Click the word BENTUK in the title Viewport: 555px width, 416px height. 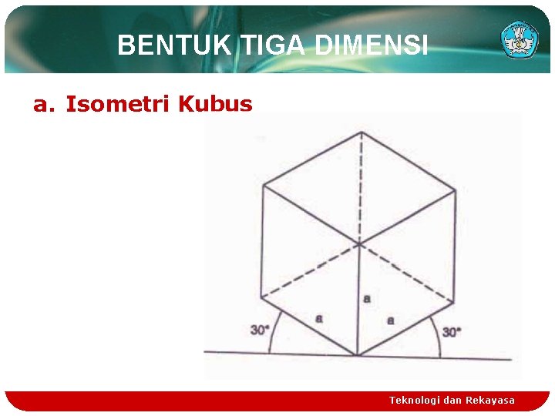coord(174,47)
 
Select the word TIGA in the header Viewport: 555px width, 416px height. coord(272,47)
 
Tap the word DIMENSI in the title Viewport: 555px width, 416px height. coord(371,47)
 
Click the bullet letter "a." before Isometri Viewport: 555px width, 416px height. coord(44,104)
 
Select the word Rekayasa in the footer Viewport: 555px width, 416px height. coord(490,400)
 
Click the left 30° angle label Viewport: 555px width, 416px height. coord(261,330)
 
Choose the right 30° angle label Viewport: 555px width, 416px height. coord(452,332)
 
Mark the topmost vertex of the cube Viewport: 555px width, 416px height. coord(359,132)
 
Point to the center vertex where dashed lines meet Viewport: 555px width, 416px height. coord(359,245)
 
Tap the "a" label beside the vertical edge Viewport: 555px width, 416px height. coord(367,297)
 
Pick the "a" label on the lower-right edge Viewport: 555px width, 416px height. coord(390,320)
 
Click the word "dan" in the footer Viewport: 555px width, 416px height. coord(453,400)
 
